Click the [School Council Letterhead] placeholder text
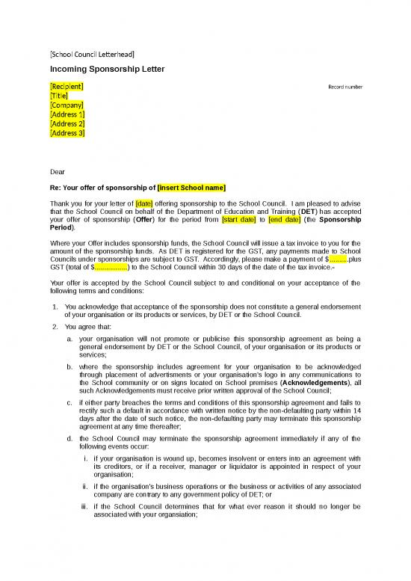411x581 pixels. [92, 54]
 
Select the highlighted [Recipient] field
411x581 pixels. [67, 87]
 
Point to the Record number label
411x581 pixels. [345, 87]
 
